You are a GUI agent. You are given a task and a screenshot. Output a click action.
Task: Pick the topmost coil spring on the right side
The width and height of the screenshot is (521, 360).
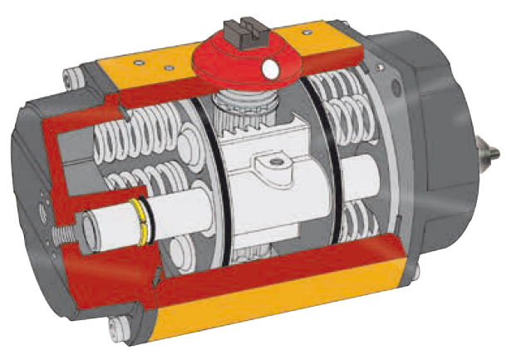coord(350,83)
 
